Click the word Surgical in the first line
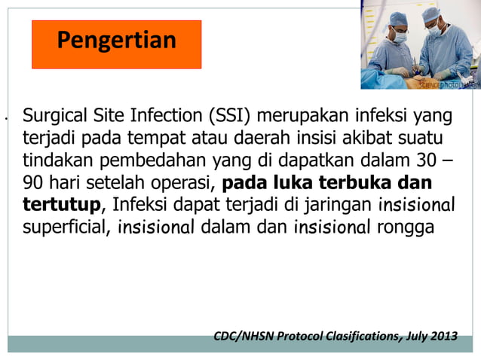(x=51, y=117)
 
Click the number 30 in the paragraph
(x=427, y=161)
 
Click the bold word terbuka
(x=355, y=183)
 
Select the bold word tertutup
(x=61, y=205)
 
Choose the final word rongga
(x=406, y=227)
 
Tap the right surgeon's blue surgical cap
(x=430, y=13)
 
